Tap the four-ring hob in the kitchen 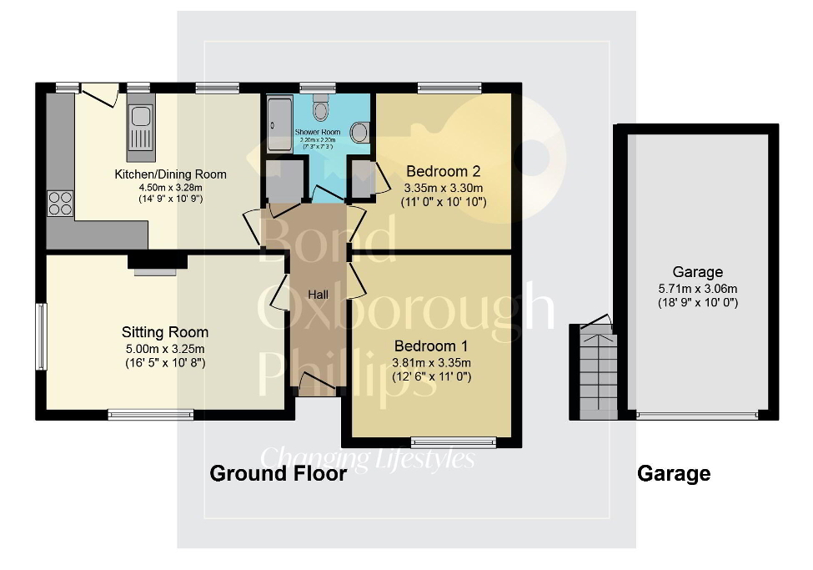(x=60, y=203)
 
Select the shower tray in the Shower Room (x=279, y=124)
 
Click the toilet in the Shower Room (x=320, y=110)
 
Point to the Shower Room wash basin (x=360, y=132)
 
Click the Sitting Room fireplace (x=157, y=265)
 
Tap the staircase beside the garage (x=597, y=372)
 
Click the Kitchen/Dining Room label (x=170, y=174)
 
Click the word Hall (x=318, y=295)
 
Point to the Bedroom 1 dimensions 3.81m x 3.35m (x=432, y=363)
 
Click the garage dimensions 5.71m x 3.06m (x=698, y=289)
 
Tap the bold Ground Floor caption (x=278, y=474)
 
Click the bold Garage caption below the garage (x=674, y=474)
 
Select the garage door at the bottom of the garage (x=697, y=415)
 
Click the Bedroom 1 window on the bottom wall (x=453, y=442)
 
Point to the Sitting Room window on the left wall (x=40, y=336)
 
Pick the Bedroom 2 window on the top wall (x=449, y=87)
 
